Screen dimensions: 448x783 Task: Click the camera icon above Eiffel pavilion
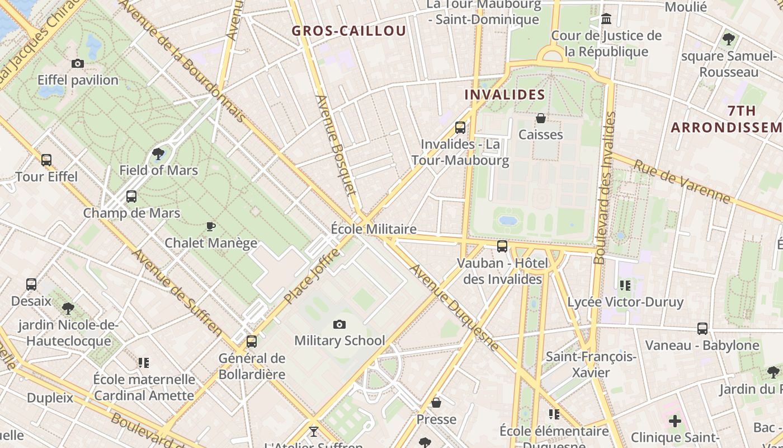point(78,64)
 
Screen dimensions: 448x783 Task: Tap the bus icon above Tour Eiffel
point(46,160)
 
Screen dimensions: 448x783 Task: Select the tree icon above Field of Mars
point(159,153)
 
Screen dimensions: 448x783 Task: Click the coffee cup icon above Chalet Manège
point(210,226)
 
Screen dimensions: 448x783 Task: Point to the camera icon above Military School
point(339,324)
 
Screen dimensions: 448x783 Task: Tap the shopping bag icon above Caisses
point(541,118)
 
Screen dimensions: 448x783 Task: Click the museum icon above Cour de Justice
point(606,20)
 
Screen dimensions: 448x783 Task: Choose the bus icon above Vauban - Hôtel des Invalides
point(502,246)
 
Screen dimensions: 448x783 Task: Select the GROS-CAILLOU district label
point(349,31)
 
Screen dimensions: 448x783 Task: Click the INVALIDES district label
point(505,95)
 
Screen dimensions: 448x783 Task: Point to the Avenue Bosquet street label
point(336,146)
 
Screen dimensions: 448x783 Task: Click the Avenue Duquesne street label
point(454,307)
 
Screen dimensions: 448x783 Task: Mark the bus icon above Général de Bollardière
point(252,341)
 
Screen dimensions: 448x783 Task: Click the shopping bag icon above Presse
point(436,403)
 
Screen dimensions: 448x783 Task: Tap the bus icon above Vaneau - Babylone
point(702,329)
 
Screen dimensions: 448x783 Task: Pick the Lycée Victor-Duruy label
point(625,302)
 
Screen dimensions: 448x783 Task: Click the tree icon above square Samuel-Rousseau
point(728,39)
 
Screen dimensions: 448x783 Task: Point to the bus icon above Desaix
point(31,284)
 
